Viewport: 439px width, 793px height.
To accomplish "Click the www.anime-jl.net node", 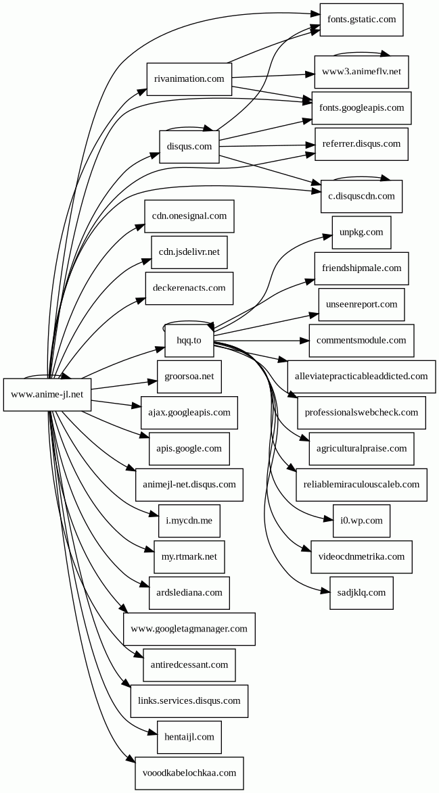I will (x=47, y=394).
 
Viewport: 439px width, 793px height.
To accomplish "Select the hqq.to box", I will (x=189, y=340).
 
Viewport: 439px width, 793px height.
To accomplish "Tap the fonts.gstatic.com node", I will (x=362, y=20).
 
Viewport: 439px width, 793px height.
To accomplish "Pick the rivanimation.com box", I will (x=189, y=79).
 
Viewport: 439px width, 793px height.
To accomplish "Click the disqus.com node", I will (x=189, y=146).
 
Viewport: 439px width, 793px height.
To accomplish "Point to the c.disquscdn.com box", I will (x=361, y=196).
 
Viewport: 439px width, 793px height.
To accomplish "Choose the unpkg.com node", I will (x=361, y=233).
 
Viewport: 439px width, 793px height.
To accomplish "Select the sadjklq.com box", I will (x=361, y=593).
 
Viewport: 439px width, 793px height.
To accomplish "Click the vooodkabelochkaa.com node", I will (x=189, y=773).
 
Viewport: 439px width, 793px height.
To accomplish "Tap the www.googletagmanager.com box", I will (x=189, y=629).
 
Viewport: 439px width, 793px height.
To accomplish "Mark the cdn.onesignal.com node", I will (x=189, y=216).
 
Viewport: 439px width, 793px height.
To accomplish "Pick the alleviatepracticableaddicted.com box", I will (x=361, y=376).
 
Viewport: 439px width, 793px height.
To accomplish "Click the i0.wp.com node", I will (x=361, y=521).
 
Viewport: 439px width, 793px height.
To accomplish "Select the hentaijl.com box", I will (x=189, y=737).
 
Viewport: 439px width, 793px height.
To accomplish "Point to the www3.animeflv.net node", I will (x=361, y=72).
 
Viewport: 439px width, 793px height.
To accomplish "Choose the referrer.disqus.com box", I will (x=361, y=144).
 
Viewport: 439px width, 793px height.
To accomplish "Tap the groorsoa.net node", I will (x=189, y=376).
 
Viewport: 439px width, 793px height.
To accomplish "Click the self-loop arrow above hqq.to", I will (x=189, y=322).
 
